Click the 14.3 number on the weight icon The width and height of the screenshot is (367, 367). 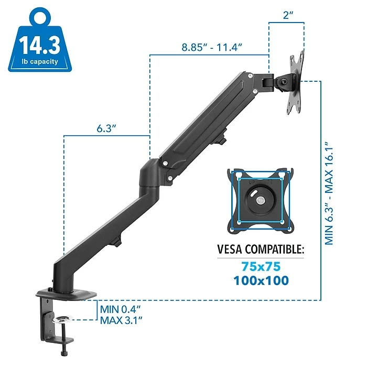[x=39, y=45]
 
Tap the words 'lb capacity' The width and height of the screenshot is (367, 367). [x=40, y=61]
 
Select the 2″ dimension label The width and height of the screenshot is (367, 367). [x=288, y=15]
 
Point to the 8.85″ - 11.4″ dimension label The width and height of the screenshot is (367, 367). [x=212, y=47]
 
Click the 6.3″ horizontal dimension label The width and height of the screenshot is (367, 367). [x=106, y=128]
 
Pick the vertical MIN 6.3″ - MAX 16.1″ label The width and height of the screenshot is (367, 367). [x=329, y=193]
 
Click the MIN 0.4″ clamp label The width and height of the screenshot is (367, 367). [x=120, y=309]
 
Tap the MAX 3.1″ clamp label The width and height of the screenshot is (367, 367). [x=121, y=320]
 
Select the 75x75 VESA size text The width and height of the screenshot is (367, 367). [x=261, y=266]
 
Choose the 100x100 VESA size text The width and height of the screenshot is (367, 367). [x=261, y=280]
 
